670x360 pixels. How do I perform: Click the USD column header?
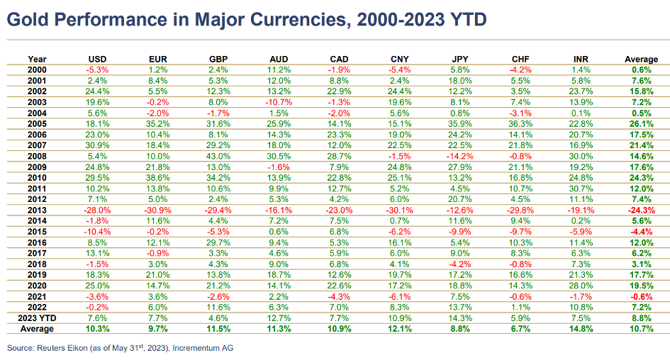98,59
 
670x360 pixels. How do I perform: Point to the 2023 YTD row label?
37,319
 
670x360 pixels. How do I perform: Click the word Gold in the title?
28,19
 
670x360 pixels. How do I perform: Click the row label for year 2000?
37,69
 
